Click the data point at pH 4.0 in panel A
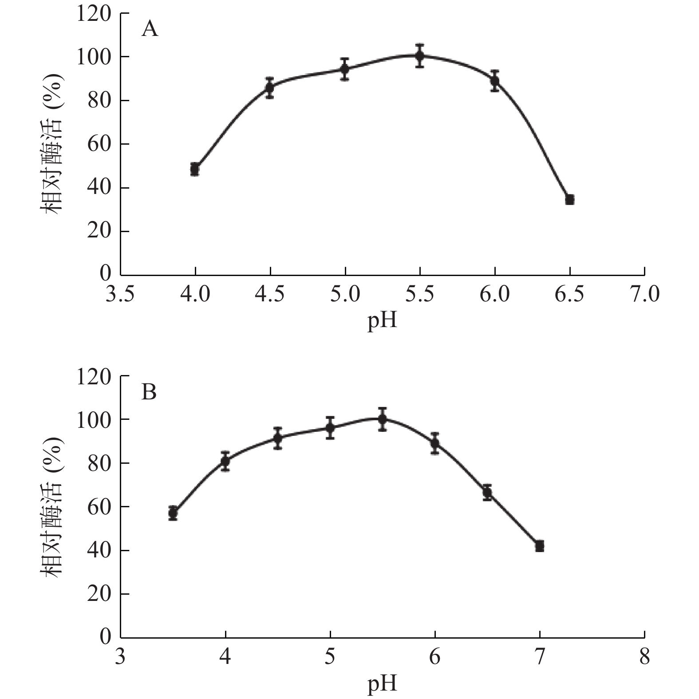[x=195, y=169]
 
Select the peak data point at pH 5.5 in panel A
[x=420, y=55]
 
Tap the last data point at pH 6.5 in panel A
[x=570, y=199]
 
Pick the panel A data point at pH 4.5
[x=270, y=87]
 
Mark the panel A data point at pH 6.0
[x=495, y=81]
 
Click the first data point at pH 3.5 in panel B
[x=173, y=513]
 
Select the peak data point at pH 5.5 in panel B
[x=383, y=419]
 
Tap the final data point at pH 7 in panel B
[x=540, y=546]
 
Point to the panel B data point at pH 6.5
[x=487, y=492]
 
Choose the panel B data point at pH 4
[x=225, y=461]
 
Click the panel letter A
[x=150, y=30]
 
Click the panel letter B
[x=149, y=392]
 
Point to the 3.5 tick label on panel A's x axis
[x=120, y=294]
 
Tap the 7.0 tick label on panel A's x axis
[x=644, y=294]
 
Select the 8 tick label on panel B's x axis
[x=644, y=656]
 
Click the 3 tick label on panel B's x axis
[x=120, y=656]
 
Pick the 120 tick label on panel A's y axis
[x=94, y=14]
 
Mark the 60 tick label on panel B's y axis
[x=99, y=507]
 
